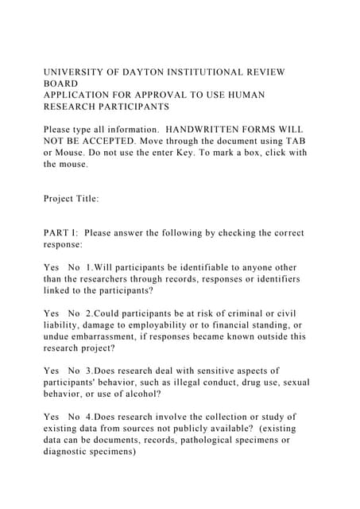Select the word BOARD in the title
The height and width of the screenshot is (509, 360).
(x=60, y=83)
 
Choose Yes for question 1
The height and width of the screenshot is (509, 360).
(x=52, y=268)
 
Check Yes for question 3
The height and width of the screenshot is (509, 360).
(x=52, y=371)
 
